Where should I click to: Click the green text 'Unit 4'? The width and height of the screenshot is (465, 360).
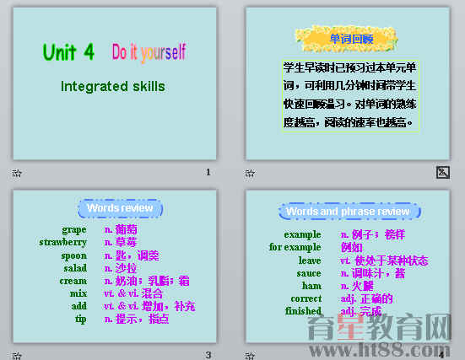68,52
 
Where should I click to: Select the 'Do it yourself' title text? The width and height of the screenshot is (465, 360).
149,52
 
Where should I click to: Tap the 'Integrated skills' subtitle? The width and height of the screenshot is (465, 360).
113,86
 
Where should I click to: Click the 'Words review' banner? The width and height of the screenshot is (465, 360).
120,208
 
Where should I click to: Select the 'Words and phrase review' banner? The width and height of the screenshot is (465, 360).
348,212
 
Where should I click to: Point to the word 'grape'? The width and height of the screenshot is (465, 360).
74,229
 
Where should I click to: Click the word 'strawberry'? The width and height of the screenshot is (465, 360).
63,242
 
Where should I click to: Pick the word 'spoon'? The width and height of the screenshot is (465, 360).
73,255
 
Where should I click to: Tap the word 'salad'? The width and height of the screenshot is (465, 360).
75,268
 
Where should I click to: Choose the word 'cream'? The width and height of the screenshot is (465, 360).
73,281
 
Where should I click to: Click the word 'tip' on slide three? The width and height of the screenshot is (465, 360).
80,319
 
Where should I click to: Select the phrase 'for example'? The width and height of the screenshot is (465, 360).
295,247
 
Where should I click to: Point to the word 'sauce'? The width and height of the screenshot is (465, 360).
309,273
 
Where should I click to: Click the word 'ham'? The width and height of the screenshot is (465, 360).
312,286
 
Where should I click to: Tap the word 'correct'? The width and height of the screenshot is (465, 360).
305,298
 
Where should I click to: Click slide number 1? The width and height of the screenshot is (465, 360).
208,172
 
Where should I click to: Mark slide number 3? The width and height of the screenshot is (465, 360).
208,355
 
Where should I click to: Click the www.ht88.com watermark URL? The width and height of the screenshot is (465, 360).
406,347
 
